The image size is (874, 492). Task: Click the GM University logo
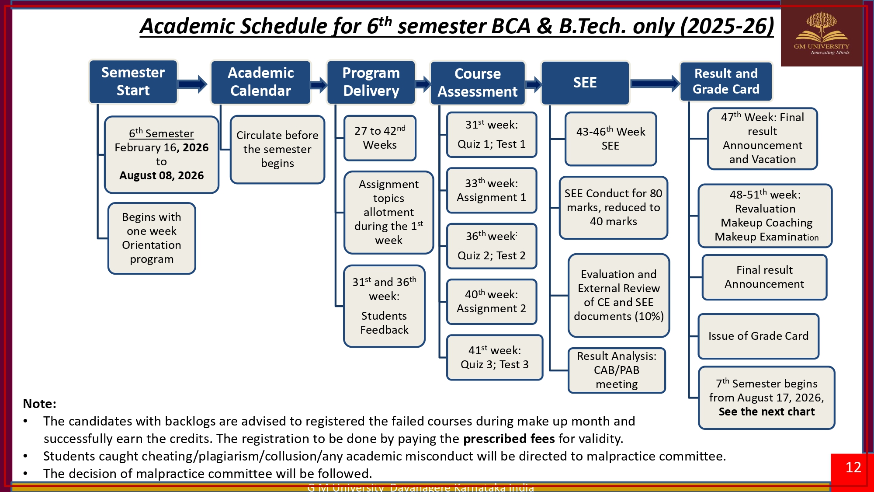click(821, 34)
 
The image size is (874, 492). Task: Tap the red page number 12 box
click(853, 468)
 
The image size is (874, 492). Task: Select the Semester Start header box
click(133, 82)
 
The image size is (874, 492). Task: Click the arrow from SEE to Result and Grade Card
click(655, 83)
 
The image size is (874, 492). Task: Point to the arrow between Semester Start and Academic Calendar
click(193, 84)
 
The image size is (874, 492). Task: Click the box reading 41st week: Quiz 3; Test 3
click(494, 357)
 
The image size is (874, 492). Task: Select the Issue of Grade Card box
click(758, 336)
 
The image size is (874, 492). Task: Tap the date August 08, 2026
click(161, 176)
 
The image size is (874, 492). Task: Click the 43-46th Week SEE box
click(610, 139)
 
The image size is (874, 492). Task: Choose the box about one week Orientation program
click(152, 238)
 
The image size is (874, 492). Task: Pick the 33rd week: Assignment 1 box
click(491, 190)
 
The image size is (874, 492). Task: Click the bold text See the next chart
click(766, 412)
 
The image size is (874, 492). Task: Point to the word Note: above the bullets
click(39, 404)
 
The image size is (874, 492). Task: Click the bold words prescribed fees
click(509, 439)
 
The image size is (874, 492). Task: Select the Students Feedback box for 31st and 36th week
click(384, 306)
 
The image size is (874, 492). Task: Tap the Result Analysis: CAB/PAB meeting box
click(617, 370)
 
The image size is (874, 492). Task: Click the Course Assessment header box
click(477, 83)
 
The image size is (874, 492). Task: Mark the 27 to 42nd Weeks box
click(380, 138)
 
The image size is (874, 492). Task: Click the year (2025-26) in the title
click(727, 26)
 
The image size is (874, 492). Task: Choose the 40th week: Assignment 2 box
click(491, 301)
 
